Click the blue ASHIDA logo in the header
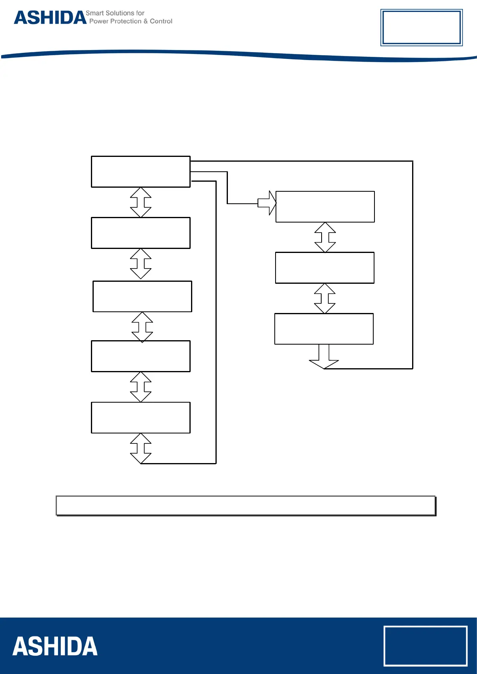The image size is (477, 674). click(50, 18)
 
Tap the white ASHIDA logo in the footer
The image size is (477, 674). click(55, 646)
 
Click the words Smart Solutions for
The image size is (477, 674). click(115, 13)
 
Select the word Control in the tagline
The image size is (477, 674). click(161, 21)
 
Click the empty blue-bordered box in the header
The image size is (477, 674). click(421, 28)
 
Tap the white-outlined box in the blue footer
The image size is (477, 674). click(425, 646)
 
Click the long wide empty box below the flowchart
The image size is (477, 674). click(246, 505)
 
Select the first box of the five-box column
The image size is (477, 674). click(141, 172)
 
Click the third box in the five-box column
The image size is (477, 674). click(142, 297)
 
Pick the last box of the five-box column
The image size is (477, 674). click(141, 417)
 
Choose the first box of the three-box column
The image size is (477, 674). click(325, 207)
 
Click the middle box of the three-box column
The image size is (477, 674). click(325, 268)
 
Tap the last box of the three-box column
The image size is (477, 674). click(324, 329)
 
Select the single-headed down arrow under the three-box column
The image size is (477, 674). click(324, 357)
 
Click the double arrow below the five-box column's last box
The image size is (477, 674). click(141, 448)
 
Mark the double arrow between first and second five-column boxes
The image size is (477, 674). click(141, 203)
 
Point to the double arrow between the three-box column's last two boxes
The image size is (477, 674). click(325, 299)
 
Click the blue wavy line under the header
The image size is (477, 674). click(239, 55)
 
